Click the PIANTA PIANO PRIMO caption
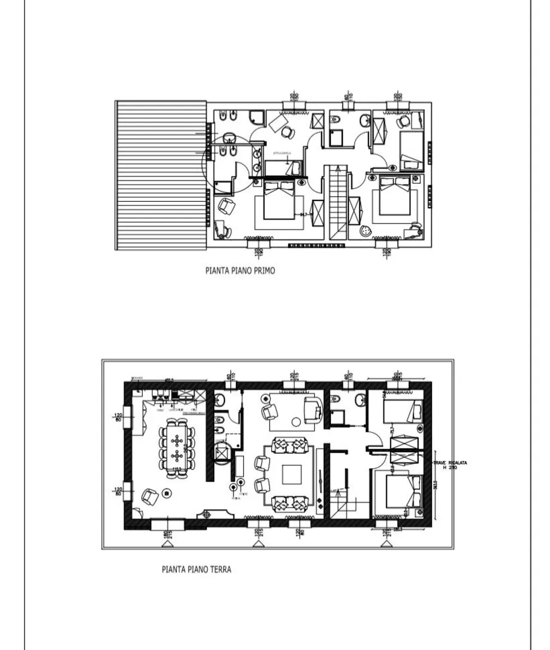[239, 271]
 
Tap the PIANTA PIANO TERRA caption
[196, 569]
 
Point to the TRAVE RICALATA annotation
[450, 465]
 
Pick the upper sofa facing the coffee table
[291, 446]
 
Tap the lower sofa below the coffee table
[291, 503]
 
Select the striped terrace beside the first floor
[161, 175]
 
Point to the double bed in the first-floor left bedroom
[278, 202]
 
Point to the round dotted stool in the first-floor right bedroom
[365, 230]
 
